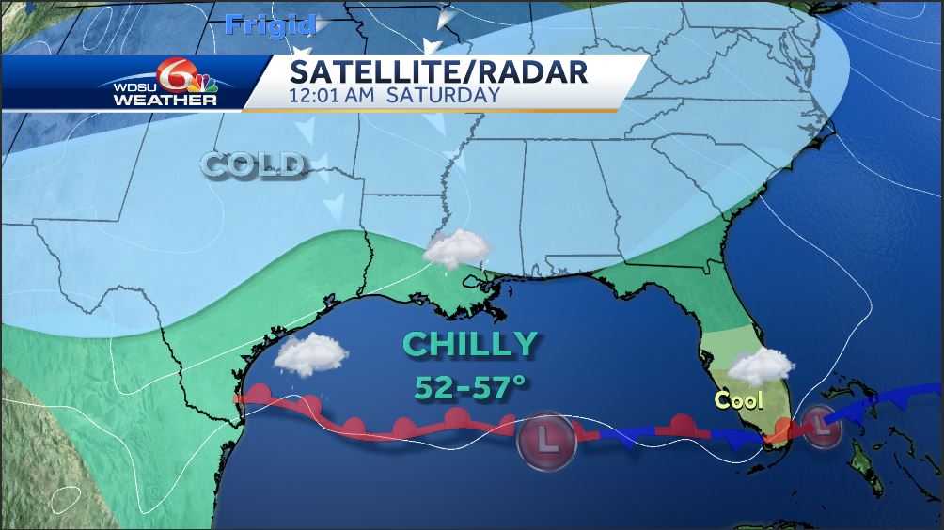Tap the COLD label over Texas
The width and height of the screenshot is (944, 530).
[255, 165]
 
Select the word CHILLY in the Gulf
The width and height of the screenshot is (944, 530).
[471, 344]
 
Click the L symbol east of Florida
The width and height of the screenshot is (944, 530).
[825, 425]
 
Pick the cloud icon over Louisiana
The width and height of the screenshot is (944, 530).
[457, 249]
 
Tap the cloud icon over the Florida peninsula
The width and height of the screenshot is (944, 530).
[761, 366]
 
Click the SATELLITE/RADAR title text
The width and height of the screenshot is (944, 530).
[438, 72]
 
